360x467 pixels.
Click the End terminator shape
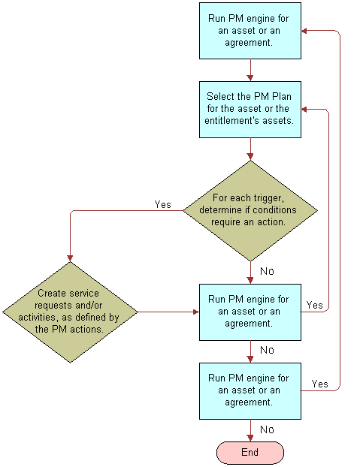pyautogui.click(x=250, y=452)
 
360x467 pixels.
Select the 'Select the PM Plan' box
pyautogui.click(x=250, y=110)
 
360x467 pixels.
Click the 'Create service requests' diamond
pyautogui.click(x=70, y=312)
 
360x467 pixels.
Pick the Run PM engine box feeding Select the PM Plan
pyautogui.click(x=250, y=32)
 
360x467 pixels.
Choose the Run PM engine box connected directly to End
pyautogui.click(x=250, y=390)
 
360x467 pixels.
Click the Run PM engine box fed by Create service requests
pyautogui.click(x=250, y=312)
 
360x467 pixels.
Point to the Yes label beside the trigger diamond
pyautogui.click(x=162, y=204)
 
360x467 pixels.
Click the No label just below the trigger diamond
pyautogui.click(x=266, y=271)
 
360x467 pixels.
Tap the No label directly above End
pyautogui.click(x=266, y=429)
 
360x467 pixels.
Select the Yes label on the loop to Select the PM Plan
pyautogui.click(x=314, y=305)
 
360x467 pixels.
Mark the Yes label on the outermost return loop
pyautogui.click(x=319, y=384)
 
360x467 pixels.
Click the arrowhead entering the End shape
pyautogui.click(x=250, y=438)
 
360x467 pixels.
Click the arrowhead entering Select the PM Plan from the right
pyautogui.click(x=306, y=110)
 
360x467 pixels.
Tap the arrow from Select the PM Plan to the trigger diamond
pyautogui.click(x=250, y=150)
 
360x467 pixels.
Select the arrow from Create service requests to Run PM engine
pyautogui.click(x=167, y=312)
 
